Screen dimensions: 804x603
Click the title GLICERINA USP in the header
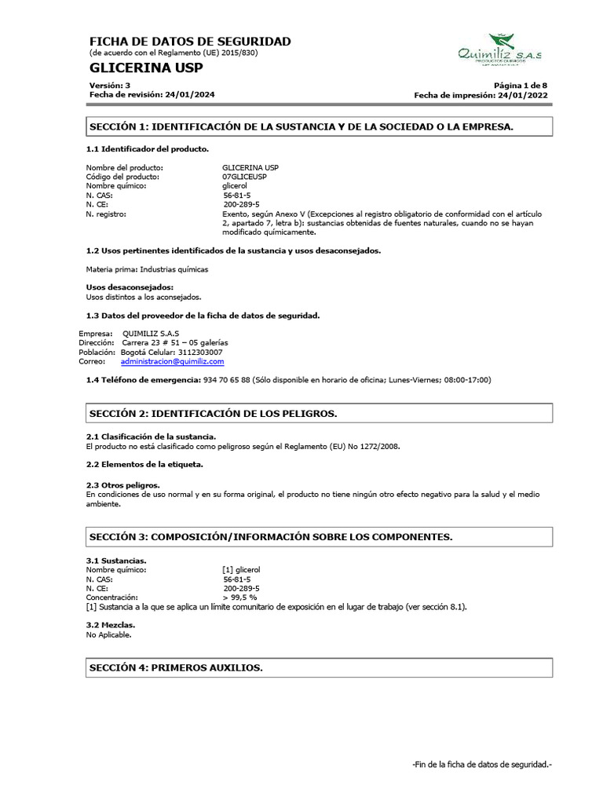pyautogui.click(x=146, y=68)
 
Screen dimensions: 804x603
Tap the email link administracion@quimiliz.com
pyautogui.click(x=172, y=361)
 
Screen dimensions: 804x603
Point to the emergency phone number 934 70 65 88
pyautogui.click(x=227, y=379)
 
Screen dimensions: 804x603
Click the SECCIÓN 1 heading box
pyautogui.click(x=319, y=126)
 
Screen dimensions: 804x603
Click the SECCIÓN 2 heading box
pyautogui.click(x=319, y=413)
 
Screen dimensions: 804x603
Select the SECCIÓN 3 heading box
pyautogui.click(x=319, y=537)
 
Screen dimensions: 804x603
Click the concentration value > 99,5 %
pyautogui.click(x=239, y=598)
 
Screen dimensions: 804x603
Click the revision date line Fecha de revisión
pyautogui.click(x=152, y=94)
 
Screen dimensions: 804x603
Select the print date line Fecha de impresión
pyautogui.click(x=481, y=95)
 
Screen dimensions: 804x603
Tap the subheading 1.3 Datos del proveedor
pyautogui.click(x=203, y=315)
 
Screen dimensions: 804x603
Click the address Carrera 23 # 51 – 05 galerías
pyautogui.click(x=175, y=342)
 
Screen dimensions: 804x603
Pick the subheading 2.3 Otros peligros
pyautogui.click(x=122, y=485)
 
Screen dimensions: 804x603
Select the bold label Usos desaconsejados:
pyautogui.click(x=130, y=287)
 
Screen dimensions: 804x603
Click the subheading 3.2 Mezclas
pyautogui.click(x=111, y=625)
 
